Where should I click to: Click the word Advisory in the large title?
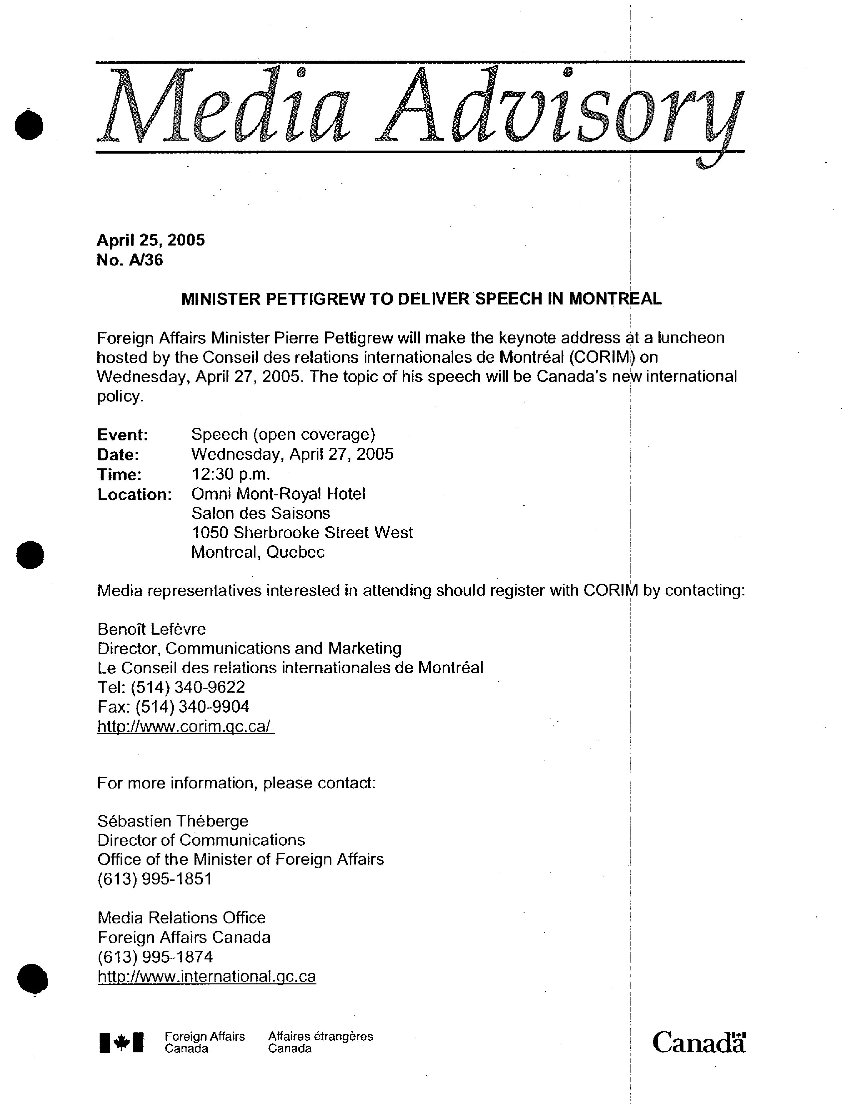click(x=559, y=109)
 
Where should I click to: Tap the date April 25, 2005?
click(x=151, y=240)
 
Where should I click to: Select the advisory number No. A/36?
click(x=130, y=260)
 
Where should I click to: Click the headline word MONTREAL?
click(x=615, y=299)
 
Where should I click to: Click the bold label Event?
click(x=122, y=435)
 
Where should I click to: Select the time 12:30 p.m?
click(x=230, y=474)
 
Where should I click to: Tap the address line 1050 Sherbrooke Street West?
click(x=302, y=533)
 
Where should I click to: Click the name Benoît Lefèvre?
click(x=152, y=629)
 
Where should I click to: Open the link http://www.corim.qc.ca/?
click(x=186, y=726)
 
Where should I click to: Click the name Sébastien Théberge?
click(x=173, y=821)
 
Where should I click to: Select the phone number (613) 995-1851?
click(x=155, y=879)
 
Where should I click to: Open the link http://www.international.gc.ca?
click(x=207, y=976)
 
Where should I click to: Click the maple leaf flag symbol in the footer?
click(x=121, y=1042)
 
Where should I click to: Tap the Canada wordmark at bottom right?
click(x=698, y=1042)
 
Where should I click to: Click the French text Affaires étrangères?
click(x=320, y=1036)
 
